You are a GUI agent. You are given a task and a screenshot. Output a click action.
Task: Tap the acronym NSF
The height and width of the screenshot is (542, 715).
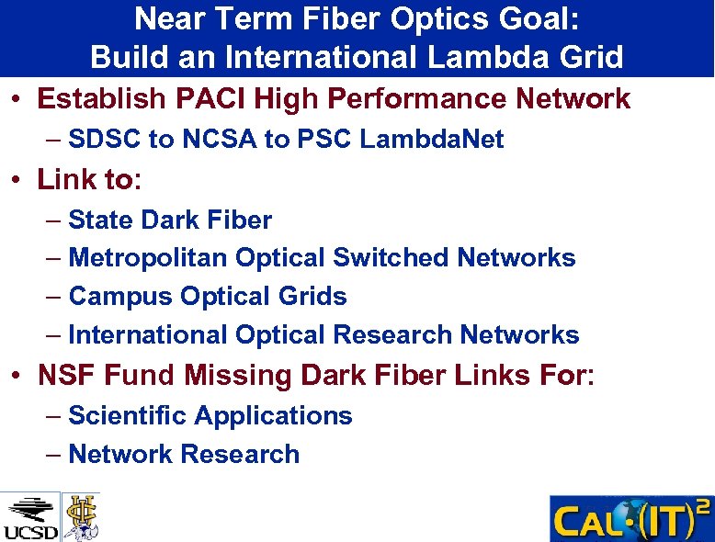tap(67, 376)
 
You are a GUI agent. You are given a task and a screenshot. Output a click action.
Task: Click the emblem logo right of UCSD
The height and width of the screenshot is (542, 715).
tap(81, 516)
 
